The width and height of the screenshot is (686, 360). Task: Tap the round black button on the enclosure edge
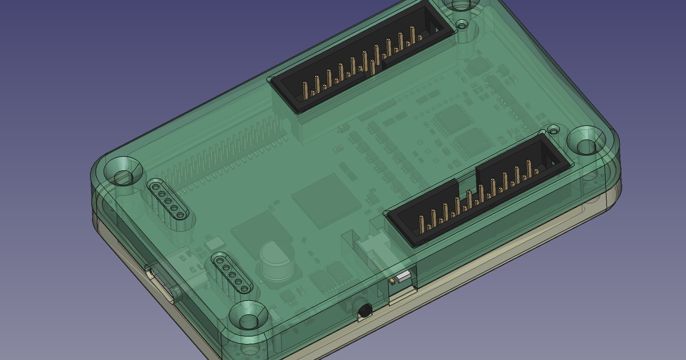pos(364,311)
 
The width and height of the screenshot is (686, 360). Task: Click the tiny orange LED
pos(393,281)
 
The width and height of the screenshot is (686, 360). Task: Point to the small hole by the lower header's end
pos(553,130)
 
